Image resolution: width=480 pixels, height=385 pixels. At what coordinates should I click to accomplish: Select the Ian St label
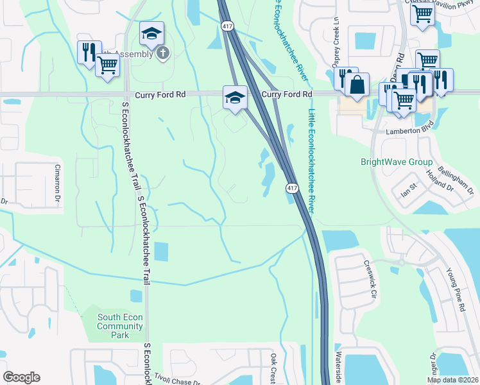click(409, 191)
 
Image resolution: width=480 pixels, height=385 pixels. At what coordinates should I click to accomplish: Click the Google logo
click(21, 377)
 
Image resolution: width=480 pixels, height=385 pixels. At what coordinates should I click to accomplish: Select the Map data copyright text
click(453, 380)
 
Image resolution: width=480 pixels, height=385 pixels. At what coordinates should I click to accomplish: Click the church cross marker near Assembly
click(163, 53)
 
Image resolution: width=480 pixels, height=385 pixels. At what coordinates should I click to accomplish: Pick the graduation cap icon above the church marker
click(151, 33)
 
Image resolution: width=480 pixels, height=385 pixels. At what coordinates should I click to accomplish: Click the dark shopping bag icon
click(357, 84)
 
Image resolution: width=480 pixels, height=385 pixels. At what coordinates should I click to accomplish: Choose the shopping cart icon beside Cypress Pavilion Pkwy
click(422, 12)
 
